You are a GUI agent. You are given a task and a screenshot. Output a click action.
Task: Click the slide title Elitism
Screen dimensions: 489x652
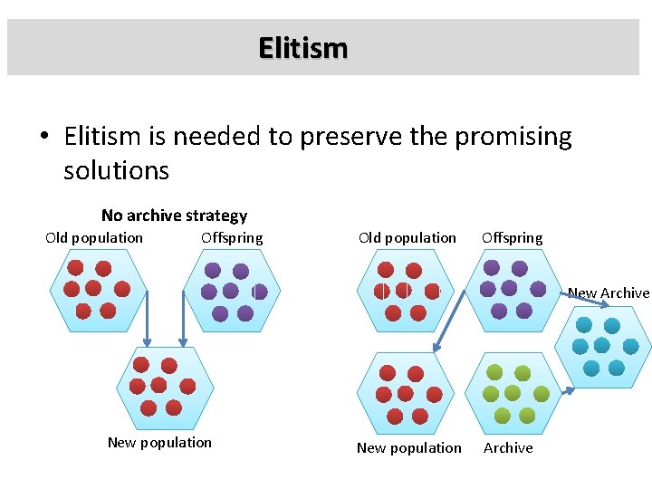pyautogui.click(x=302, y=47)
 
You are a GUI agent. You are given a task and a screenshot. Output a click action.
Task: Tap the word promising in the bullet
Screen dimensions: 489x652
pyautogui.click(x=513, y=137)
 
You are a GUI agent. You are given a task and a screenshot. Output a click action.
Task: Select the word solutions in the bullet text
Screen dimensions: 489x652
pyautogui.click(x=116, y=170)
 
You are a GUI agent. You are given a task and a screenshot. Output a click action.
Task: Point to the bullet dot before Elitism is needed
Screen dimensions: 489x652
pyautogui.click(x=44, y=138)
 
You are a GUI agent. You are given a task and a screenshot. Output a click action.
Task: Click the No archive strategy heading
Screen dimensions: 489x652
pyautogui.click(x=174, y=216)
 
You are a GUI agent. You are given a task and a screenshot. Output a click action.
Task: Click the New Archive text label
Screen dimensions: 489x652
pyautogui.click(x=609, y=292)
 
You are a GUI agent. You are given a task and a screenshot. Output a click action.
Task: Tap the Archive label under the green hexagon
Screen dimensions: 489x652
pyautogui.click(x=508, y=448)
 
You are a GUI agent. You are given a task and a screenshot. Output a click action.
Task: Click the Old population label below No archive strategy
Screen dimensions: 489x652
pyautogui.click(x=94, y=238)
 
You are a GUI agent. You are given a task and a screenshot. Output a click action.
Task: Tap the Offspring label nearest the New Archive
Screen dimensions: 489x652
pyautogui.click(x=513, y=238)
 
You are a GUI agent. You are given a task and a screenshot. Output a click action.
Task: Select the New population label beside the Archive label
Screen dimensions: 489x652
pyautogui.click(x=408, y=448)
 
